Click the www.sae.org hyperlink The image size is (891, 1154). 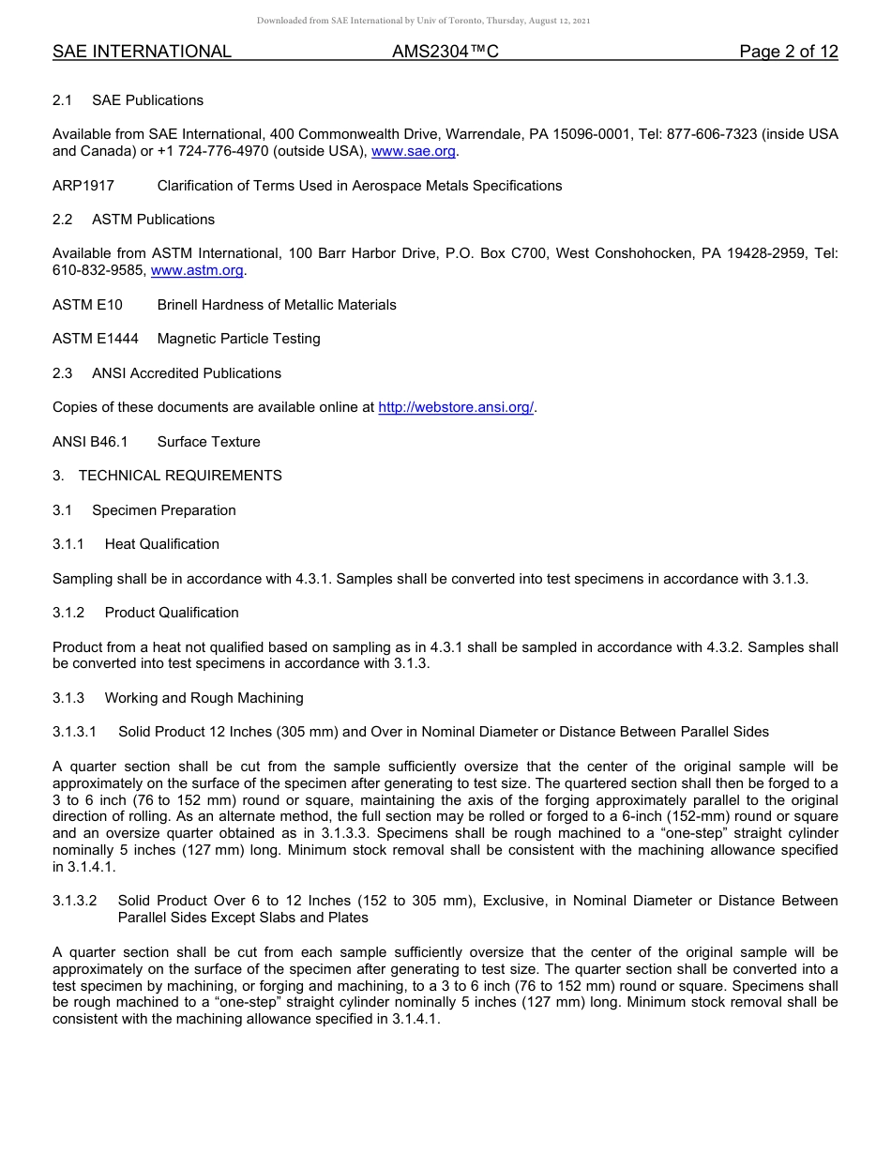pos(414,152)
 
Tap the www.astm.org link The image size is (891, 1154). pos(197,271)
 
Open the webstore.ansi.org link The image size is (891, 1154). pos(456,407)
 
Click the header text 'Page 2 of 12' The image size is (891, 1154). pos(788,53)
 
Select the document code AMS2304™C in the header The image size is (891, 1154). pos(445,53)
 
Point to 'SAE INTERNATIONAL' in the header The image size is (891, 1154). pos(142,53)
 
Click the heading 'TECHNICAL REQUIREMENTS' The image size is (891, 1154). pos(180,476)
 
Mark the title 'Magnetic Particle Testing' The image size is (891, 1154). pos(238,339)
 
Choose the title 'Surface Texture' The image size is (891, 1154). pos(208,442)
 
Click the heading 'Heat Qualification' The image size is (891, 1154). pos(161,544)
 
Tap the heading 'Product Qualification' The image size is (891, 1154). pos(172,613)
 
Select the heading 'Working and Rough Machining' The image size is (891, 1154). pos(204,698)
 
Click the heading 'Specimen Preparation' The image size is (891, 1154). pos(163,510)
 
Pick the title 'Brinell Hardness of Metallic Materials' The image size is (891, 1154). pos(277,305)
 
